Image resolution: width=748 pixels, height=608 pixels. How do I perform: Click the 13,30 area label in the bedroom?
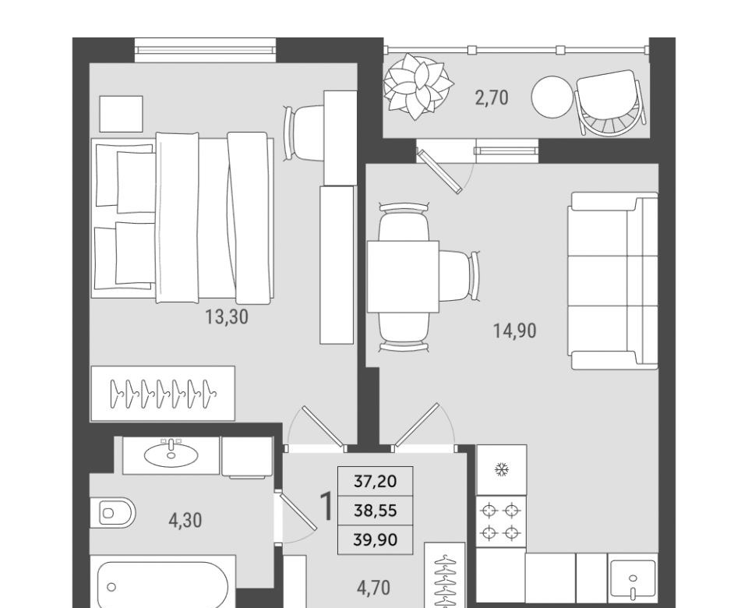tap(227, 317)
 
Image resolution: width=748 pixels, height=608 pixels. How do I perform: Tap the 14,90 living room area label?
tap(515, 331)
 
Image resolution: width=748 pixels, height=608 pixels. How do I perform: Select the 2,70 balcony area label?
tap(492, 98)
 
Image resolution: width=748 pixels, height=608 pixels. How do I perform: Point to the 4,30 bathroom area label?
tap(185, 520)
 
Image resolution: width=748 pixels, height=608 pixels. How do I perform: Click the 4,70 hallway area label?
tap(373, 588)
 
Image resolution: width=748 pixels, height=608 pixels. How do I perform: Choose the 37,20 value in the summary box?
tap(376, 482)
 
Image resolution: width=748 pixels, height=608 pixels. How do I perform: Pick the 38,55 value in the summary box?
tap(376, 511)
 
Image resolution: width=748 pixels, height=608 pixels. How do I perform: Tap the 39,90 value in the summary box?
tap(376, 540)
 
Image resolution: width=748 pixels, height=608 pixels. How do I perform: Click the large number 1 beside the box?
tap(327, 507)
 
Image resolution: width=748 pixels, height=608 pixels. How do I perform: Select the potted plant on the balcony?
tap(418, 86)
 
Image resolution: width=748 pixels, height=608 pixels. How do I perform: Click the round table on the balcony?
tap(552, 97)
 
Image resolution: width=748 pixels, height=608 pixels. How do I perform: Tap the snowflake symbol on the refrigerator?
tap(502, 470)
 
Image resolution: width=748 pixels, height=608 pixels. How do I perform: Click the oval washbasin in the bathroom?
tap(171, 454)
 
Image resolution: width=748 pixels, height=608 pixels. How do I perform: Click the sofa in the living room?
tap(613, 281)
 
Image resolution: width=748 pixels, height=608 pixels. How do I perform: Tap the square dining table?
tap(403, 277)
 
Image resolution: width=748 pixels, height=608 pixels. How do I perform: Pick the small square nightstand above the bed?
tap(122, 114)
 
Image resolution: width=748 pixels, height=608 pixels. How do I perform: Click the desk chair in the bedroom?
tap(304, 133)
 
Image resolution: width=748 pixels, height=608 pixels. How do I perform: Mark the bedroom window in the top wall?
tap(206, 50)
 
